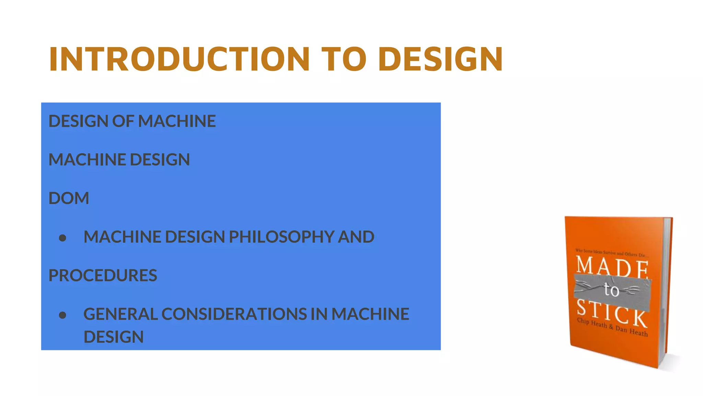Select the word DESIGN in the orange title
(441, 59)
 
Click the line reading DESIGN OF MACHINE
(132, 121)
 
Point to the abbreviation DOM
(69, 198)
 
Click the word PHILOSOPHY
(281, 237)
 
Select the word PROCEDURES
(103, 275)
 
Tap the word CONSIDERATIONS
(234, 314)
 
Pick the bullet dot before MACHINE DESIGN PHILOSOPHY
(62, 238)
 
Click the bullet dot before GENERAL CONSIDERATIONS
(62, 315)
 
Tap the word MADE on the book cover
(612, 266)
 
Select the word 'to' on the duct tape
(611, 290)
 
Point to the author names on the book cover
(612, 327)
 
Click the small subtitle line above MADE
(611, 253)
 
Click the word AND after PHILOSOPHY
(356, 237)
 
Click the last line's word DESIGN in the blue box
(114, 337)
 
